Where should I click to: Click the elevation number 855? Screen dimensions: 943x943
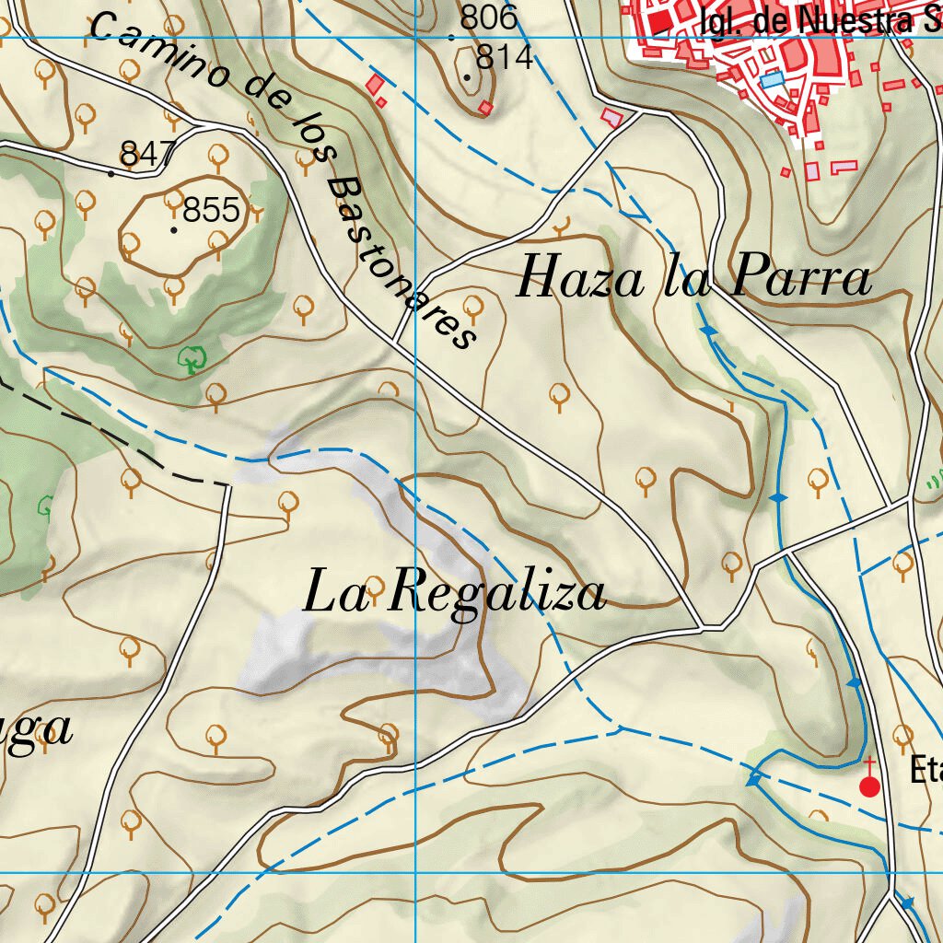211,211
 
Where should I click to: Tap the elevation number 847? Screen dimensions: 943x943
147,154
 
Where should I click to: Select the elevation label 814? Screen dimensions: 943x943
505,58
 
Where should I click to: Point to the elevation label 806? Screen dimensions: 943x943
489,17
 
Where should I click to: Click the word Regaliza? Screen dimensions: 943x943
497,594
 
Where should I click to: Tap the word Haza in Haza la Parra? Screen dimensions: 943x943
579,277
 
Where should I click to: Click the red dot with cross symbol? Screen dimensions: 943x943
869,785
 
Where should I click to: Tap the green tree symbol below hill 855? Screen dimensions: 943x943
192,358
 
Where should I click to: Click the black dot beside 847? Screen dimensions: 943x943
111,173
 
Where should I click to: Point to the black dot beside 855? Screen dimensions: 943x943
174,229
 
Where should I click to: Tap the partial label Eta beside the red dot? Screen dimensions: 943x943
925,770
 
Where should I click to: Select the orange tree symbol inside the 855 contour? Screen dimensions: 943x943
173,200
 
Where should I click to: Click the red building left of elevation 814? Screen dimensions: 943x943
374,86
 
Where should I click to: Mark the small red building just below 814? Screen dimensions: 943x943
486,109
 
